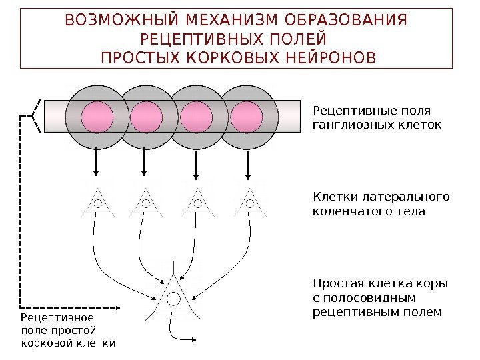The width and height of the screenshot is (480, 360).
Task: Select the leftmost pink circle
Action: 97,117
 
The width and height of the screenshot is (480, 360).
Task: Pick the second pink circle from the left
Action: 146,117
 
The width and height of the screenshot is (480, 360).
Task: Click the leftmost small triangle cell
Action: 97,203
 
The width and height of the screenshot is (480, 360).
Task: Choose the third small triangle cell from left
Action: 197,203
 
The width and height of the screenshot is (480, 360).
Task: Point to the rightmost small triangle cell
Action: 249,203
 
